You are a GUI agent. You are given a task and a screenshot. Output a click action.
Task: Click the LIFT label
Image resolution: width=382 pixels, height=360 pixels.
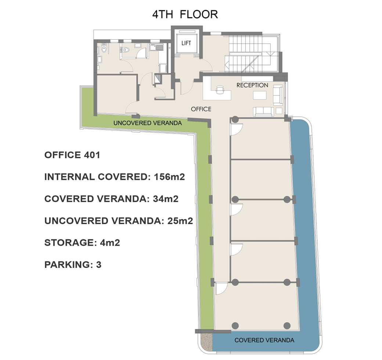(186, 43)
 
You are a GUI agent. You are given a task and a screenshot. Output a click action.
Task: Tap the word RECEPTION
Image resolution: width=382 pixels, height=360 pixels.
(252, 85)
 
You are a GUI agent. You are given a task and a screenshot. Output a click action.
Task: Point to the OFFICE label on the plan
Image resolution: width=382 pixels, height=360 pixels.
(201, 109)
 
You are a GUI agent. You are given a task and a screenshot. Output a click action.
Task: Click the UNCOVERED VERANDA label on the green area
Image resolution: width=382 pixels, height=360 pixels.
(148, 123)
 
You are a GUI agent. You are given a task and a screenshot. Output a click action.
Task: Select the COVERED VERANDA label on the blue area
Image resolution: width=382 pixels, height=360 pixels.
(264, 340)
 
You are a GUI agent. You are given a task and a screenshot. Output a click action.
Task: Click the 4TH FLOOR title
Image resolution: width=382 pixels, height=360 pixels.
(185, 14)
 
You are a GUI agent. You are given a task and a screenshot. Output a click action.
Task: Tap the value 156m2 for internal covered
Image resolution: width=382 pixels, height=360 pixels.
(169, 177)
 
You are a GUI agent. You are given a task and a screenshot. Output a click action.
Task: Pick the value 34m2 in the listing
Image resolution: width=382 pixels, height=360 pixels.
(166, 199)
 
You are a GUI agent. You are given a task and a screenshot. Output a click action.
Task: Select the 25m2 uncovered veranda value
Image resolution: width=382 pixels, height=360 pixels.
(180, 221)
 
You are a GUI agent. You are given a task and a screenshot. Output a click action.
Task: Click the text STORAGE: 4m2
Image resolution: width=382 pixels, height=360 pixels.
(82, 243)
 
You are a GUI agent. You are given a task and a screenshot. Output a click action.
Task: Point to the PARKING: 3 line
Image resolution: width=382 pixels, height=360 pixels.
(73, 265)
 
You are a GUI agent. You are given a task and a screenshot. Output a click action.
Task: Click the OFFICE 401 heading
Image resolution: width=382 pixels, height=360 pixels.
(72, 155)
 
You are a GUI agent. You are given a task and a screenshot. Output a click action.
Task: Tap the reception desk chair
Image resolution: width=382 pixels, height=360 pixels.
(220, 90)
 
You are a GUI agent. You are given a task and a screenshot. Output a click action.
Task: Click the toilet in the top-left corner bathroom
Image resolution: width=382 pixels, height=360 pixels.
(104, 48)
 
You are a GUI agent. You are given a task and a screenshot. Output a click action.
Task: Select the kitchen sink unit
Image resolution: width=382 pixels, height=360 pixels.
(156, 47)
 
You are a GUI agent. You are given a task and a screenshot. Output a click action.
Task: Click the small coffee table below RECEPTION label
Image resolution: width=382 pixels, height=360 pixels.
(260, 95)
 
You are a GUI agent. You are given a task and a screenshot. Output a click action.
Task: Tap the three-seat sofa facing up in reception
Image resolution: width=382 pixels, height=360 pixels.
(263, 112)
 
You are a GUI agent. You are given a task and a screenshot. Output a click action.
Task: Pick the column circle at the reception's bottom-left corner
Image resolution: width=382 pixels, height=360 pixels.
(235, 120)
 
